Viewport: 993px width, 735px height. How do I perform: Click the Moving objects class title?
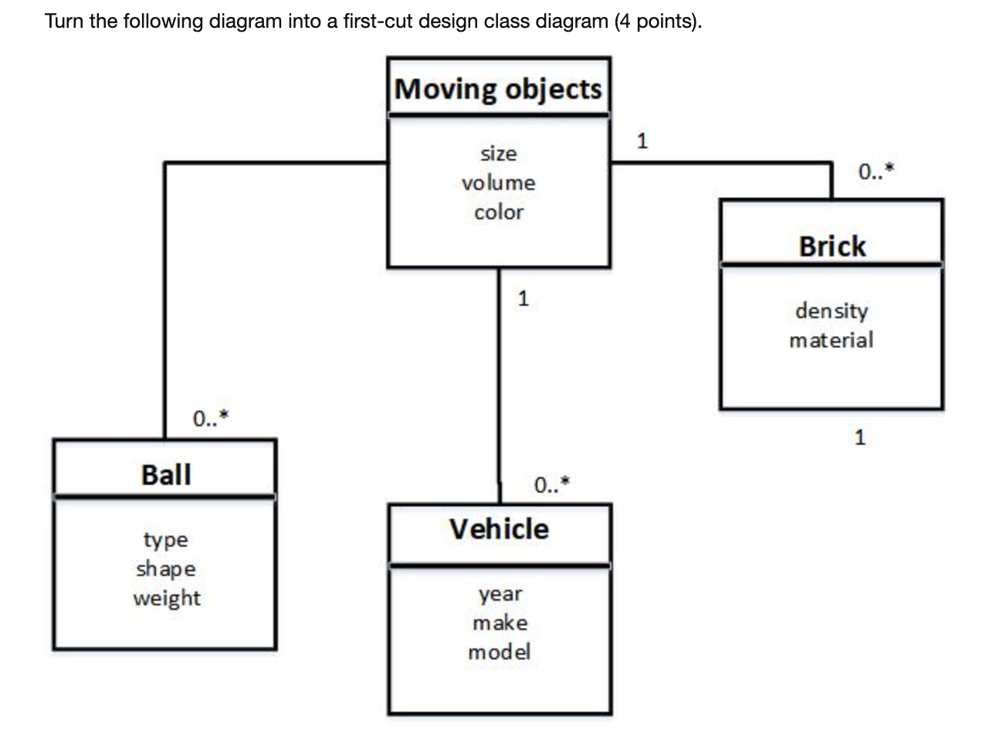pyautogui.click(x=498, y=89)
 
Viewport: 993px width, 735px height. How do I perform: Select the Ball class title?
pyautogui.click(x=166, y=474)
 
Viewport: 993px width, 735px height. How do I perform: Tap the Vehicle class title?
pyautogui.click(x=499, y=529)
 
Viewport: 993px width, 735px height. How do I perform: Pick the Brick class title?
pyautogui.click(x=832, y=246)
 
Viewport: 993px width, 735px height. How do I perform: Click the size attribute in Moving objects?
pyautogui.click(x=499, y=154)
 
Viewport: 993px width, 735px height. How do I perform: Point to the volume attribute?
pyautogui.click(x=499, y=183)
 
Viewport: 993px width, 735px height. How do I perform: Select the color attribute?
pyautogui.click(x=499, y=212)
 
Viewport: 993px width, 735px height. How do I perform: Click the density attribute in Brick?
pyautogui.click(x=832, y=310)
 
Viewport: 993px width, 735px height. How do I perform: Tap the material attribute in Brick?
pyautogui.click(x=832, y=340)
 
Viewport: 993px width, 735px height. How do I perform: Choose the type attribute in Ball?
pyautogui.click(x=166, y=540)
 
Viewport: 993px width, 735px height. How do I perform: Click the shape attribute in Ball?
pyautogui.click(x=166, y=569)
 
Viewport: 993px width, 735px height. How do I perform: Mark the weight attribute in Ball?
pyautogui.click(x=166, y=598)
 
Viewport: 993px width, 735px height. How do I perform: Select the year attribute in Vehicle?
pyautogui.click(x=500, y=594)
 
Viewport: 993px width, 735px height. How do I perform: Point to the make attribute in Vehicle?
pyautogui.click(x=500, y=622)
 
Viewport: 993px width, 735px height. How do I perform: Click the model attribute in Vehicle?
pyautogui.click(x=500, y=652)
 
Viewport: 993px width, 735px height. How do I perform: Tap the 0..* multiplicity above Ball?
pyautogui.click(x=211, y=418)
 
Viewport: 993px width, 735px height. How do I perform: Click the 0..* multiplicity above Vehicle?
pyautogui.click(x=552, y=485)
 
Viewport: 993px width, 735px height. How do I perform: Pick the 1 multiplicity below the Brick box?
pyautogui.click(x=860, y=438)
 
